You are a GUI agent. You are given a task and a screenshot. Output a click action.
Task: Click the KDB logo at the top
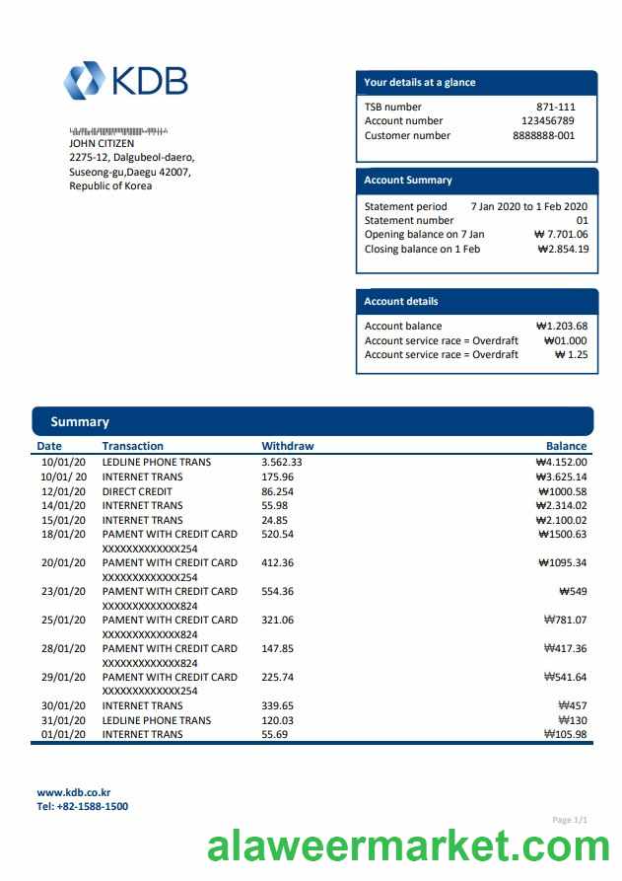[125, 80]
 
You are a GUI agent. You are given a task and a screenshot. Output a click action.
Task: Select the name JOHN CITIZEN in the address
[102, 143]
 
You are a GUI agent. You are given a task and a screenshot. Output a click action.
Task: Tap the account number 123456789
[547, 121]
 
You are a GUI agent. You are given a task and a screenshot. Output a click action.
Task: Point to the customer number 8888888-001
[543, 136]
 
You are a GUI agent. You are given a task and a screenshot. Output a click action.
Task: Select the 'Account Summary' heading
[408, 181]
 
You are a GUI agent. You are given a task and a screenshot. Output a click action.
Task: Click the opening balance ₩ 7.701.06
[560, 235]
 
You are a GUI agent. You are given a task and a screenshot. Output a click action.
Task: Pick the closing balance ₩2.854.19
[563, 250]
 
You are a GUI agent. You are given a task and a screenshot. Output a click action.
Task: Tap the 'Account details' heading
[401, 302]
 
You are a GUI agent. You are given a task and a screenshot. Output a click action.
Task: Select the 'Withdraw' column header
[287, 446]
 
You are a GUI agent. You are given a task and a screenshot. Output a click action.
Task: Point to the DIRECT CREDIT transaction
[137, 491]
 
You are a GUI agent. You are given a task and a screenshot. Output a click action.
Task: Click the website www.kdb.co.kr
[74, 792]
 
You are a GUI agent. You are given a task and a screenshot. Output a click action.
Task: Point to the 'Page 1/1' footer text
[570, 820]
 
